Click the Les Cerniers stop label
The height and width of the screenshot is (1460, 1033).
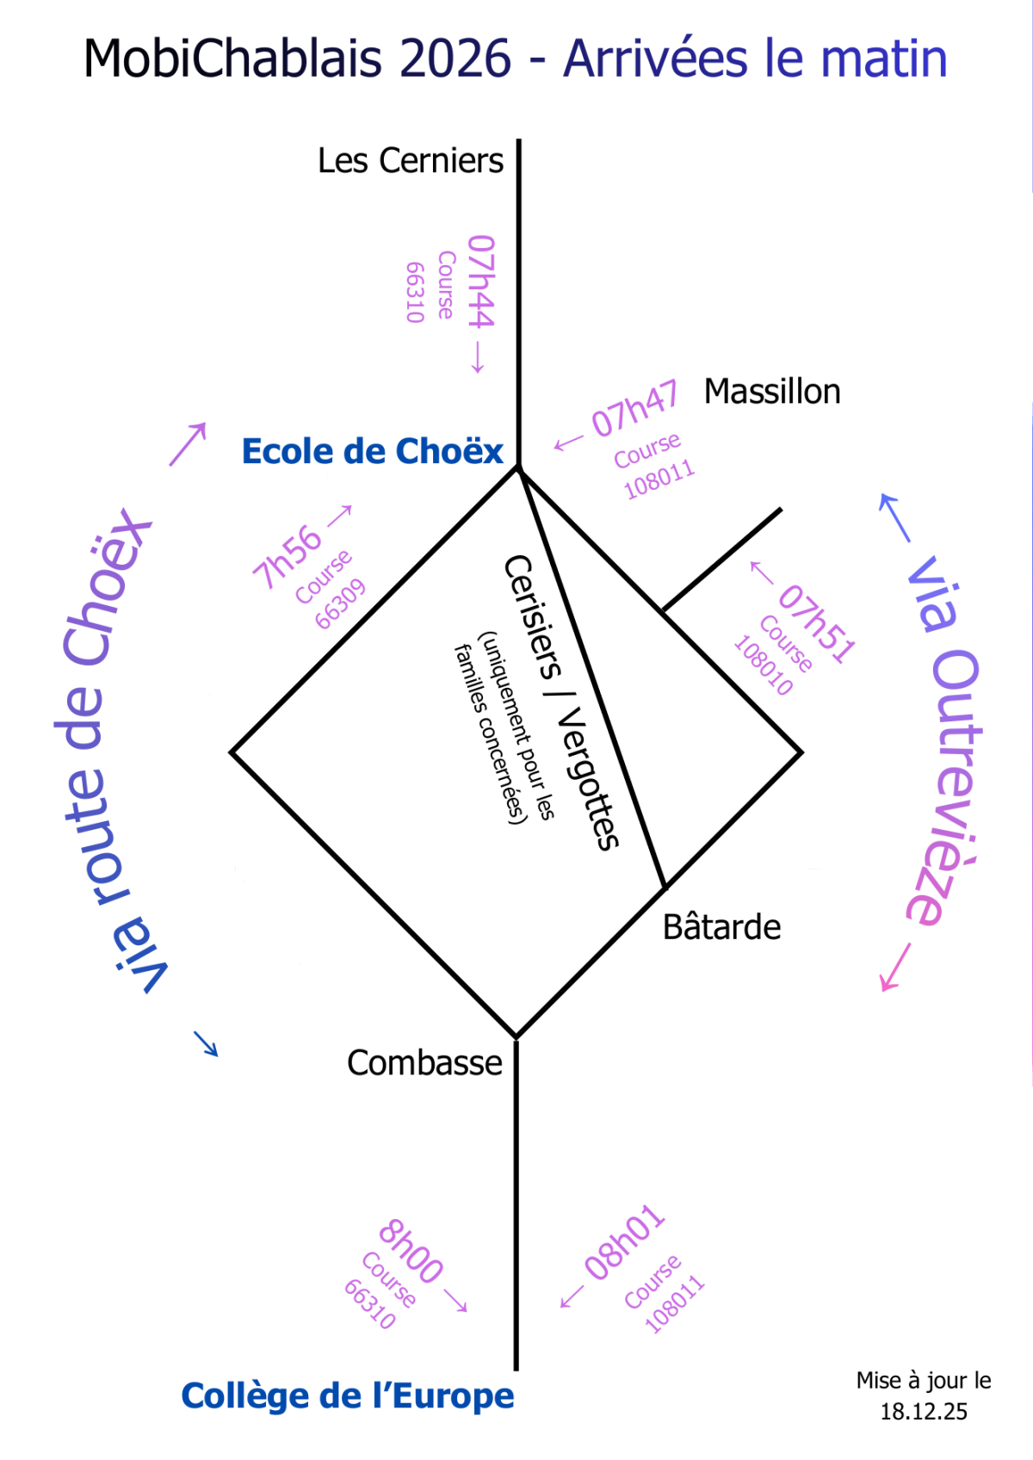coord(411,160)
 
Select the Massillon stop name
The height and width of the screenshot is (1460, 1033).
coord(772,392)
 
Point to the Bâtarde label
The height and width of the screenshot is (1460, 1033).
coord(721,926)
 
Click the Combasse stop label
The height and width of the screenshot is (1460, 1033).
coord(424,1062)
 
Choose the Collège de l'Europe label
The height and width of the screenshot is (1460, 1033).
coord(348,1395)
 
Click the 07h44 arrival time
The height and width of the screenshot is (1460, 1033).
coord(481,281)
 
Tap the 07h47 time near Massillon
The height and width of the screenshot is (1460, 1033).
coord(634,408)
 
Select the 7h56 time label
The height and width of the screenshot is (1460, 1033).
coord(287,557)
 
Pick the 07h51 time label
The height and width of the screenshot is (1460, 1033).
coord(817,624)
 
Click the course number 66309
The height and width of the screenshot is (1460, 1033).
coord(340,604)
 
